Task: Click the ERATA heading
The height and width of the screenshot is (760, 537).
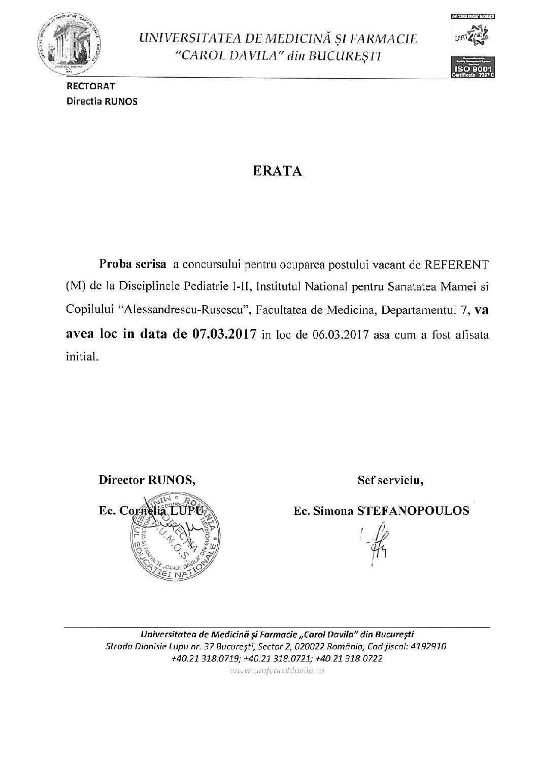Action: tap(277, 171)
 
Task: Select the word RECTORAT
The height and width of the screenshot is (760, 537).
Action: tap(89, 87)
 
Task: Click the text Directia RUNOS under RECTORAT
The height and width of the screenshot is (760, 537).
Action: tap(102, 101)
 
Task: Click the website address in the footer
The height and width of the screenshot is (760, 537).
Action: tap(277, 671)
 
